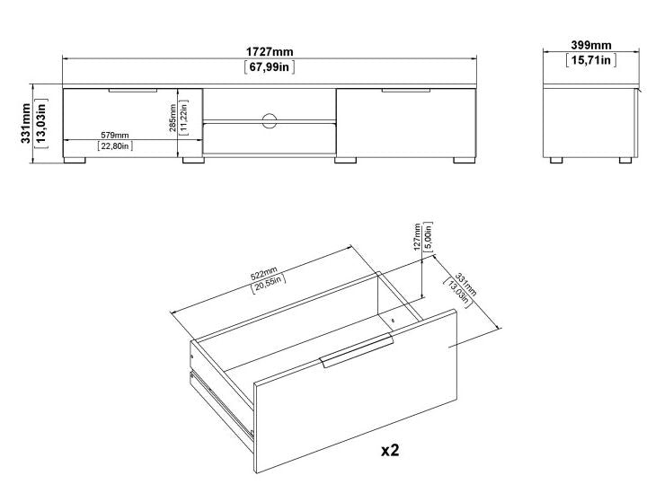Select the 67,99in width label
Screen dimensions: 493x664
click(x=270, y=67)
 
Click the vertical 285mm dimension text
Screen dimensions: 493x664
click(x=173, y=118)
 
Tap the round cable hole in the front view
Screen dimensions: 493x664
click(x=270, y=121)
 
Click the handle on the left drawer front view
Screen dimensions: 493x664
click(x=132, y=91)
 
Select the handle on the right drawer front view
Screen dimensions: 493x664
click(x=406, y=91)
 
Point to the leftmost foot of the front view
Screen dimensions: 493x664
click(x=76, y=163)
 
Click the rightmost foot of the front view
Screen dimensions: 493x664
click(x=463, y=163)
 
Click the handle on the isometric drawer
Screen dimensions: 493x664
click(x=357, y=351)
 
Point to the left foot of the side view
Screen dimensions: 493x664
click(x=556, y=161)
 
